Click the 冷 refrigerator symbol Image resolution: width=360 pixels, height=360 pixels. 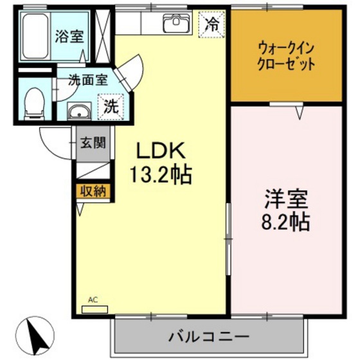(210, 25)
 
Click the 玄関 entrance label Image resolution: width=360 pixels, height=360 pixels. (93, 143)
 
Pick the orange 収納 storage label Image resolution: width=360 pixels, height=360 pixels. (93, 191)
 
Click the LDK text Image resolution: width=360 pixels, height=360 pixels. (160, 152)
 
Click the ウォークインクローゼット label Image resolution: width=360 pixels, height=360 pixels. (286, 55)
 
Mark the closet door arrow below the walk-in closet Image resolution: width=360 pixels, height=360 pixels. (300, 113)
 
